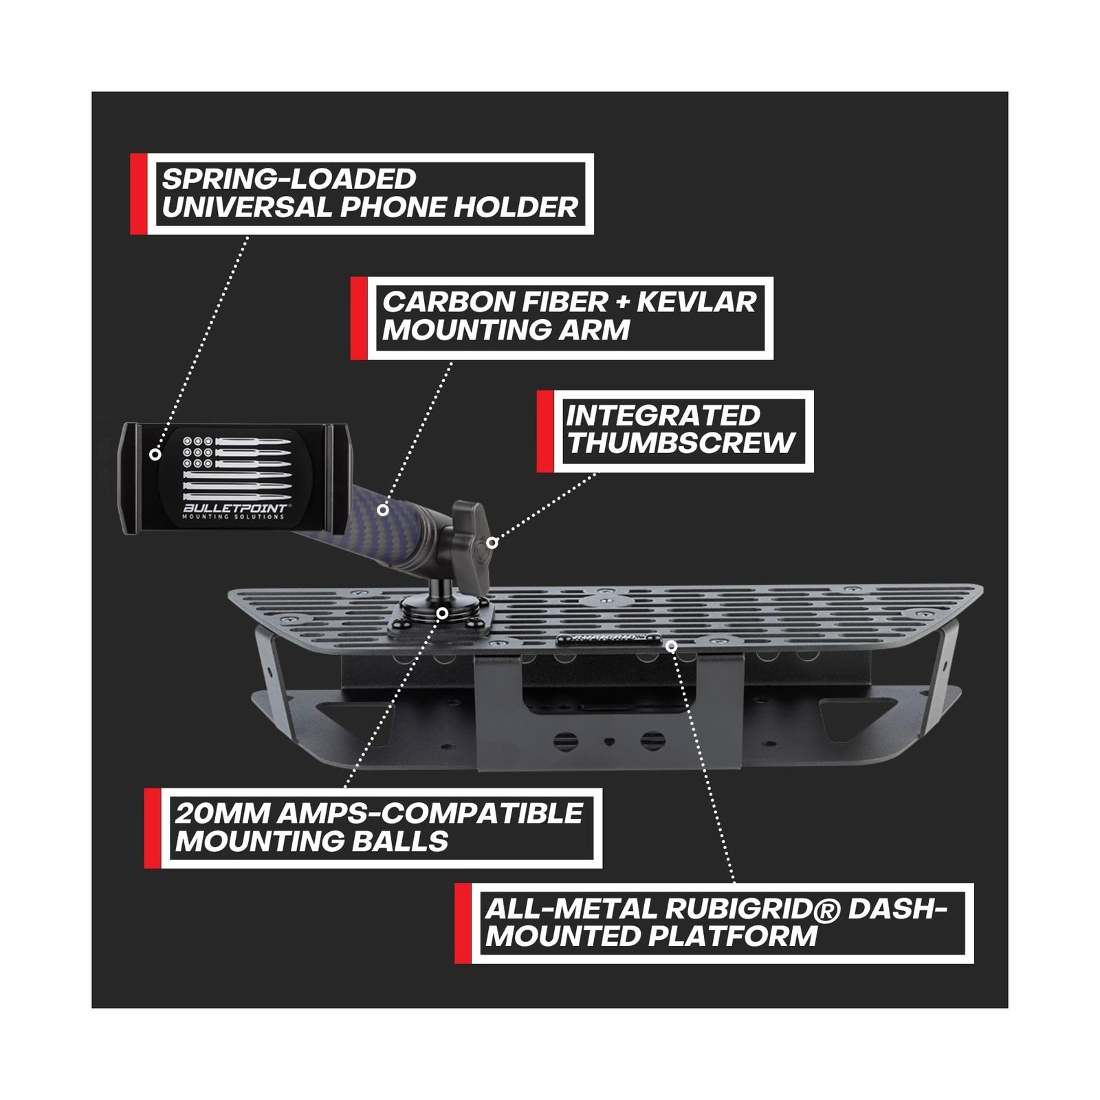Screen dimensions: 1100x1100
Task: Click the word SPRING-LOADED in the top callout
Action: coord(289,179)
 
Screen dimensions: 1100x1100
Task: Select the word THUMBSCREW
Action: coord(681,443)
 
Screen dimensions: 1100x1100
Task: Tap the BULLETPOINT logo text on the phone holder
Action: coord(235,508)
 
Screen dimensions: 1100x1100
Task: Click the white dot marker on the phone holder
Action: coord(155,454)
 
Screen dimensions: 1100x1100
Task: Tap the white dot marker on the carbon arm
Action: coord(383,510)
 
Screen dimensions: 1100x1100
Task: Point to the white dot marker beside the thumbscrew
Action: coord(492,542)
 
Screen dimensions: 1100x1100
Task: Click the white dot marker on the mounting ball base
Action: coord(443,613)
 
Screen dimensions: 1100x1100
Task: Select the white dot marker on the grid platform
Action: coord(672,646)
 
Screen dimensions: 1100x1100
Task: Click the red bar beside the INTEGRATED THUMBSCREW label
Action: coord(545,431)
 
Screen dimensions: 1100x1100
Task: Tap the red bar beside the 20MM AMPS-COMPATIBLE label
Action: coord(153,828)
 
